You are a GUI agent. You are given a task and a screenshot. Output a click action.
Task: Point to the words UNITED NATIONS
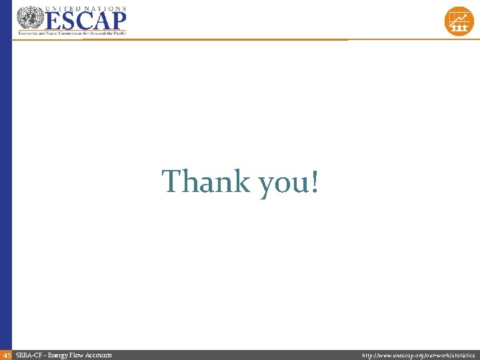point(85,7)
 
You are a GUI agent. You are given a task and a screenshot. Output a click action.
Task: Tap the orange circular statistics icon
point(459,21)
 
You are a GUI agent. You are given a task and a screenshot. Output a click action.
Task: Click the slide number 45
point(7,355)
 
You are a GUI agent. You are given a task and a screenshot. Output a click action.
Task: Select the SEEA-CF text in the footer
point(28,355)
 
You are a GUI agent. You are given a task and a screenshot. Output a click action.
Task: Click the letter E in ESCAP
point(53,20)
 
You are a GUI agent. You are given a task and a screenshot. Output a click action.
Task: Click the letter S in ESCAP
point(69,20)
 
